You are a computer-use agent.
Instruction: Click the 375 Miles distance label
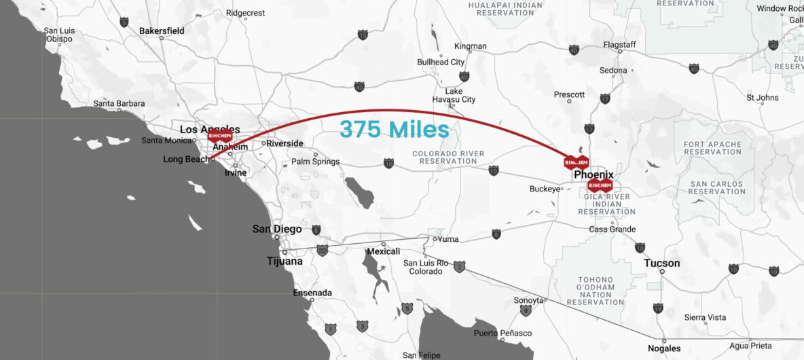[395, 129]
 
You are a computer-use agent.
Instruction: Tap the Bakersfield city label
[162, 31]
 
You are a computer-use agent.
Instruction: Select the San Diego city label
[277, 229]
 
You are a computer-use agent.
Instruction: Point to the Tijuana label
[285, 262]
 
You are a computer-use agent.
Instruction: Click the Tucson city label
[661, 263]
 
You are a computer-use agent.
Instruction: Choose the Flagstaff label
[619, 45]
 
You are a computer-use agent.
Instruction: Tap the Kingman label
[471, 46]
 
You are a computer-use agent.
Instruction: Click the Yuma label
[448, 239]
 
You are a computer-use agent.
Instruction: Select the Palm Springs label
[315, 162]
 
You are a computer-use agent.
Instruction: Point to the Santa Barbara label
[119, 103]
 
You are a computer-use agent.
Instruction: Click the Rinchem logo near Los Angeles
[220, 136]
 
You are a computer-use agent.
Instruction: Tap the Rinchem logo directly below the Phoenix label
[600, 185]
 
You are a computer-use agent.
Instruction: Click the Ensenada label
[312, 293]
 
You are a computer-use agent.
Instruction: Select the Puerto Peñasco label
[503, 333]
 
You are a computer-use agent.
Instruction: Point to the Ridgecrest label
[244, 12]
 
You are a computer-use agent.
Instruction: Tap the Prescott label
[569, 94]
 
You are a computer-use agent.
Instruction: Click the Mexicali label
[383, 251]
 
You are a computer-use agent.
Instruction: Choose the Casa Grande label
[612, 230]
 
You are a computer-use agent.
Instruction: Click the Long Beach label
[186, 160]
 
